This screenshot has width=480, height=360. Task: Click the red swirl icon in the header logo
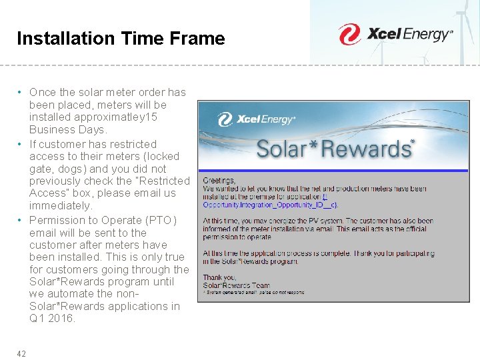pos(349,35)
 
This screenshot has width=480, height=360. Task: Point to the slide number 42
pos(21,353)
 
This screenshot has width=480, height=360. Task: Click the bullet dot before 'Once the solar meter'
pos(21,92)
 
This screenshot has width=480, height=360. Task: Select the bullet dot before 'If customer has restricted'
pos(21,144)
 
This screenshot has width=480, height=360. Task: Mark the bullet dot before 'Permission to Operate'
pos(21,220)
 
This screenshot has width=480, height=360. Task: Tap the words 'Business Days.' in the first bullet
pos(67,130)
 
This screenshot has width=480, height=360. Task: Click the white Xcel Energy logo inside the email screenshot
pos(257,120)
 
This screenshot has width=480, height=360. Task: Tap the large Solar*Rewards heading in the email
pos(335,149)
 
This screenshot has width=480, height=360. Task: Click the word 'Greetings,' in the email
pos(219,181)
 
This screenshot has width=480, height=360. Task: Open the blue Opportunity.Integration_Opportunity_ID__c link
pos(270,205)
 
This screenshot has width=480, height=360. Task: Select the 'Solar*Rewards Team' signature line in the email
pos(237,285)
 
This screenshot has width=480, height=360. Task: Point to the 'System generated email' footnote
pos(253,292)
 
